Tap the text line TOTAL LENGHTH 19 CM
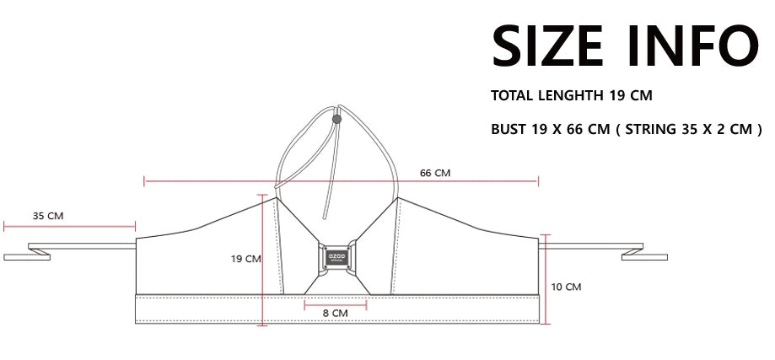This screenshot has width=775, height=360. click(572, 95)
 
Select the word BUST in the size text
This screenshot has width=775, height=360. click(509, 129)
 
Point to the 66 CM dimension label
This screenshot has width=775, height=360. click(435, 173)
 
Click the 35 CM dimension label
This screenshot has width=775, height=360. click(48, 216)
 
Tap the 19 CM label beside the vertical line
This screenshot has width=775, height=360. click(245, 259)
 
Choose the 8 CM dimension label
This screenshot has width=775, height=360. click(335, 313)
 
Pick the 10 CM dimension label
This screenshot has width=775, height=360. click(566, 287)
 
